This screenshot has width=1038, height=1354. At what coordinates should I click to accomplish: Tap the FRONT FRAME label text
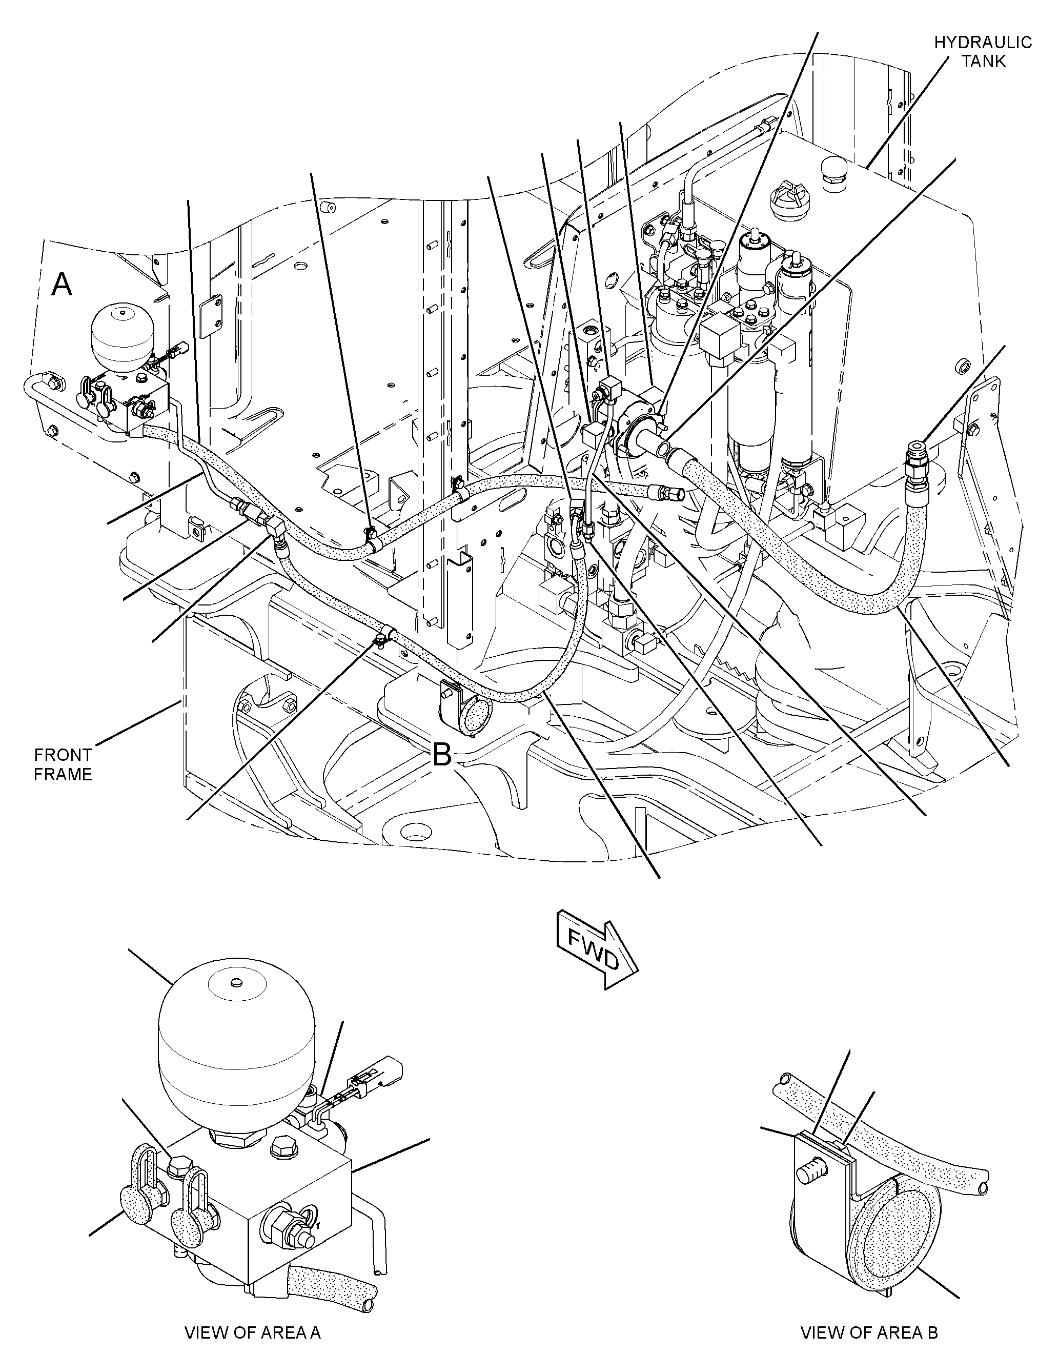(63, 764)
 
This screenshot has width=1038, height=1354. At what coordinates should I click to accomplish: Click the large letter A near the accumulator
(62, 286)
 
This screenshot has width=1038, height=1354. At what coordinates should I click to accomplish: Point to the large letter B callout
(442, 754)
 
